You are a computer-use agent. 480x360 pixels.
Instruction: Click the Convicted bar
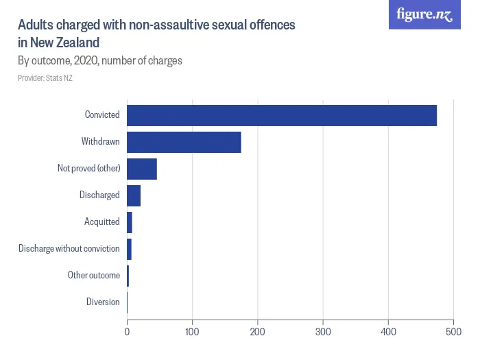282,115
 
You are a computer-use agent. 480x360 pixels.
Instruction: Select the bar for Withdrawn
184,142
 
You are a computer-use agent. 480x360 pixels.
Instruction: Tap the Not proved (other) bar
142,169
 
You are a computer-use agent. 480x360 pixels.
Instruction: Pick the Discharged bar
134,195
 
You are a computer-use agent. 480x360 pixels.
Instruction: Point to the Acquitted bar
130,222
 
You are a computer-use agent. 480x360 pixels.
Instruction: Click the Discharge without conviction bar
130,249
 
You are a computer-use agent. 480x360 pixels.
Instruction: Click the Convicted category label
102,115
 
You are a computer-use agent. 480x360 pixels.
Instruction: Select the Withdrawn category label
100,142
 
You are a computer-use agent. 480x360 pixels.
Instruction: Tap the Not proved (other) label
88,169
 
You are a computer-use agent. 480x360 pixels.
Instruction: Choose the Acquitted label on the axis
101,222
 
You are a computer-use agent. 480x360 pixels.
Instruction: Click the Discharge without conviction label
69,249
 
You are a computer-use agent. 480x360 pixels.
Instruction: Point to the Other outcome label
93,276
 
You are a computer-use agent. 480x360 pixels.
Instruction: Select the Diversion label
103,302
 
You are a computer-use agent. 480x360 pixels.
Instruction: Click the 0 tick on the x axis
127,332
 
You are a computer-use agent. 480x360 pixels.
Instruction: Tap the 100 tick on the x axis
193,332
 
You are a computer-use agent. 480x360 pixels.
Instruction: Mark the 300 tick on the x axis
323,332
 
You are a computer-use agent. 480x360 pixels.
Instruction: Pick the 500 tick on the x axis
453,332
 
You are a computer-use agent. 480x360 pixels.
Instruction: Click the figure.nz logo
425,15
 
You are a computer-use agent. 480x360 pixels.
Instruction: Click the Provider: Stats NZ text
45,78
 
